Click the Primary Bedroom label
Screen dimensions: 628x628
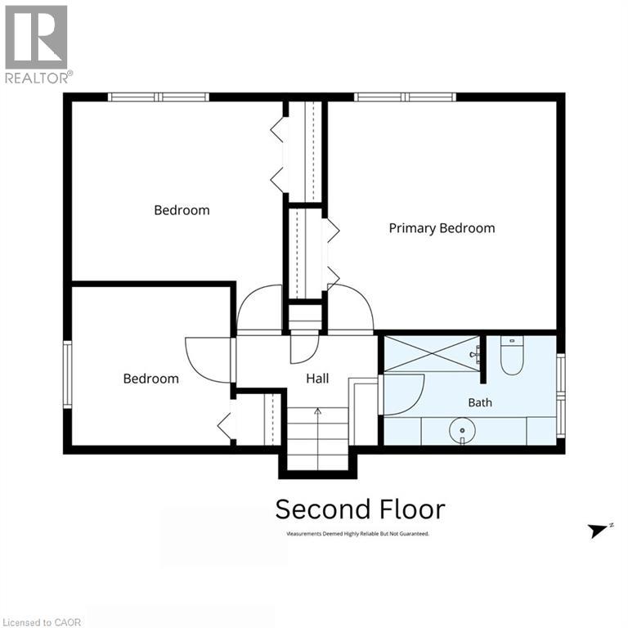[x=442, y=228]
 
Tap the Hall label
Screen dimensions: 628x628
[x=317, y=379]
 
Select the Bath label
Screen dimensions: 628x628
[x=480, y=402]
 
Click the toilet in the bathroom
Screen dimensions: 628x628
[x=512, y=355]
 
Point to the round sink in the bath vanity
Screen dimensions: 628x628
[x=462, y=431]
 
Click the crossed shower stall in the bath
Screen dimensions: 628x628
[x=432, y=353]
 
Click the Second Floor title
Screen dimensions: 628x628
[x=360, y=509]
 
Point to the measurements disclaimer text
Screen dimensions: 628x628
[x=357, y=533]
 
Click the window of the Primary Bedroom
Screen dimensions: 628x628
[x=405, y=97]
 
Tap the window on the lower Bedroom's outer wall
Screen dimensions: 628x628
[x=68, y=375]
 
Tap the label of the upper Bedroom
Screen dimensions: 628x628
[x=182, y=210]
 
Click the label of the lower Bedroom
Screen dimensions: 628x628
[x=151, y=379]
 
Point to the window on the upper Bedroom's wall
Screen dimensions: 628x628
[x=159, y=97]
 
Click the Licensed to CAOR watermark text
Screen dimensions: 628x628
[x=42, y=622]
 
